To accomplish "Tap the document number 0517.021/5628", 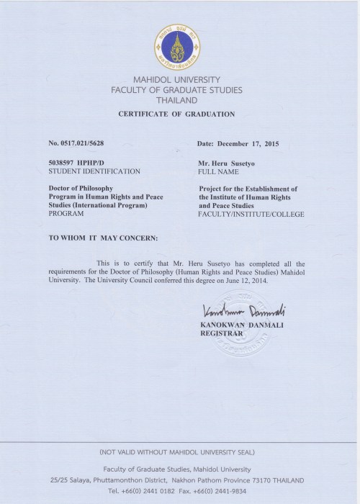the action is click(x=79, y=143).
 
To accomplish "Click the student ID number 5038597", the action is click(x=63, y=163).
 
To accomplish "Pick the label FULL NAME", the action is click(x=219, y=172).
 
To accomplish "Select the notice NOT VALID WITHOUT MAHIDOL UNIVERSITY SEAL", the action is click(x=180, y=453).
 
